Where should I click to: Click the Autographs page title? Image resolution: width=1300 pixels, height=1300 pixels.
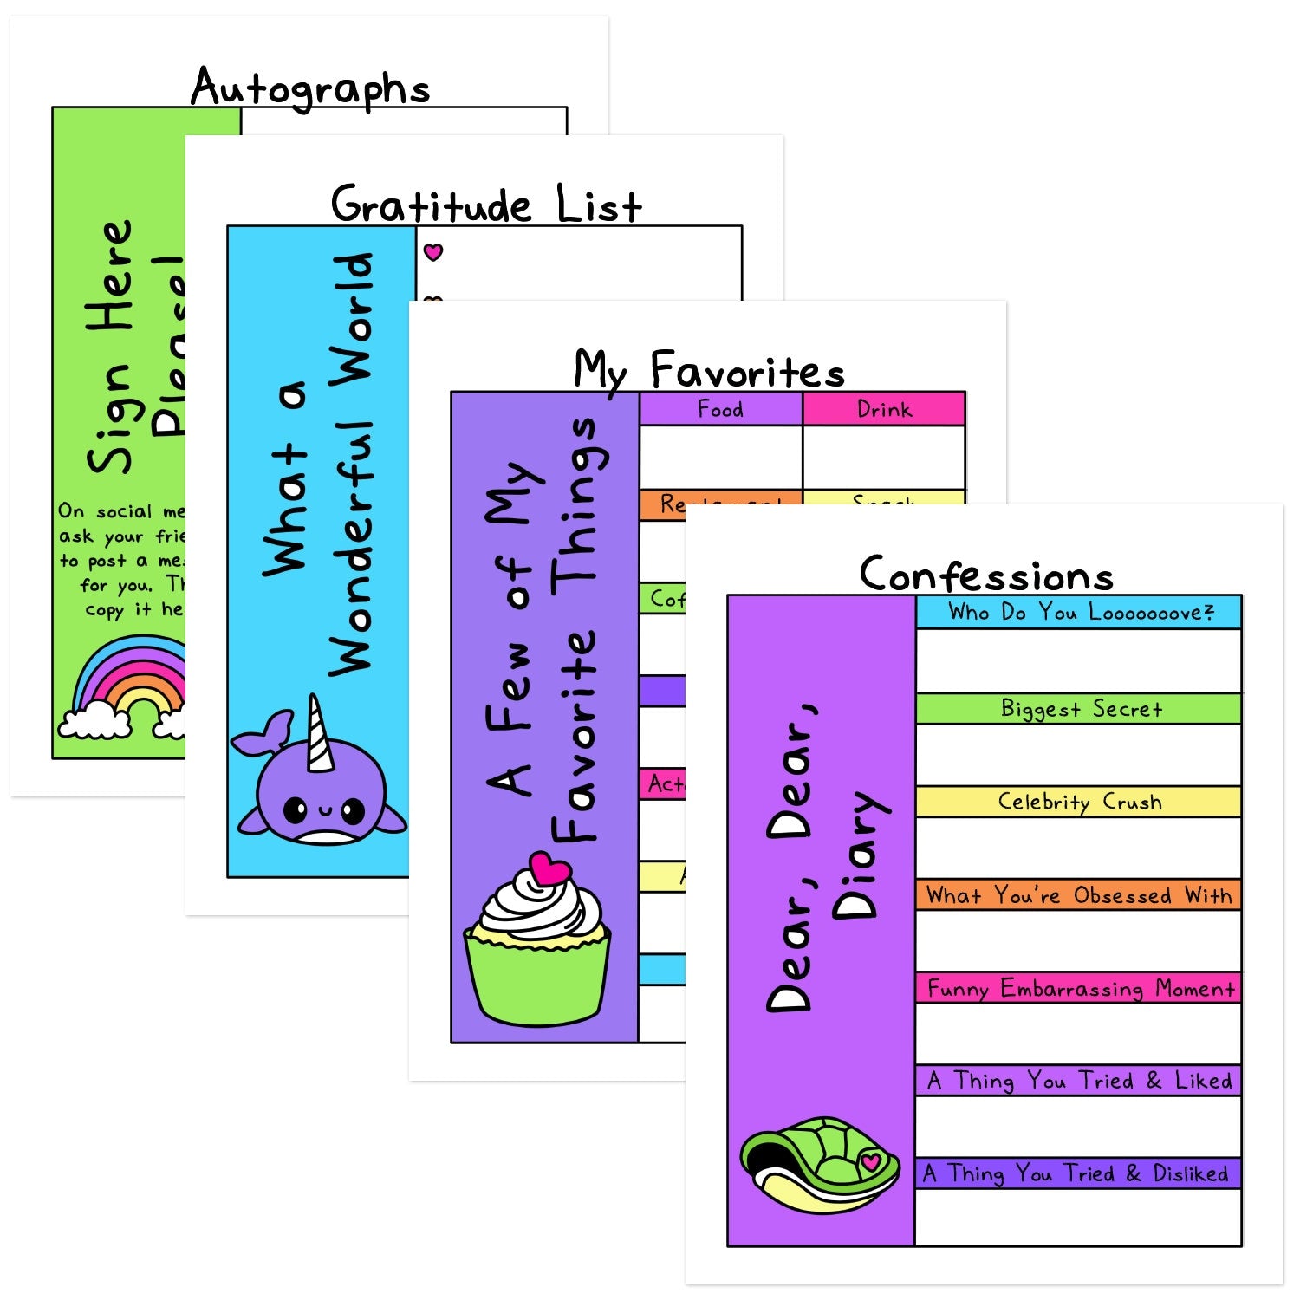(x=310, y=88)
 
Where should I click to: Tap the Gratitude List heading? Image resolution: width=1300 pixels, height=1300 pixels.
(x=486, y=205)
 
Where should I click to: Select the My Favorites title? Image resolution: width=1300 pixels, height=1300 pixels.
(x=709, y=371)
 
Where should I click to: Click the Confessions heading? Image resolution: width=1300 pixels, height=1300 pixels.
(x=986, y=575)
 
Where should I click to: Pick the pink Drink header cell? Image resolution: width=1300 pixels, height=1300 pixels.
(x=884, y=409)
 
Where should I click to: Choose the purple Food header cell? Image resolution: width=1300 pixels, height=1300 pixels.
(x=720, y=409)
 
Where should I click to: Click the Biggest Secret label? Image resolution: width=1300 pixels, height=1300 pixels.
(x=1080, y=709)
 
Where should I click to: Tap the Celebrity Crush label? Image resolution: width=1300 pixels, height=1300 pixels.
(x=1079, y=802)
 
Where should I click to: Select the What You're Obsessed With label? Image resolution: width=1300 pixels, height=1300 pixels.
(x=1079, y=894)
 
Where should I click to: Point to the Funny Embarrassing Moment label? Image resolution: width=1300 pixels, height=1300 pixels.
(x=1080, y=988)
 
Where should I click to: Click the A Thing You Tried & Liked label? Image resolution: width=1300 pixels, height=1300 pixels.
(x=1079, y=1081)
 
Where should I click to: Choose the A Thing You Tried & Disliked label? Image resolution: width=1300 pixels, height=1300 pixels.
(x=1076, y=1173)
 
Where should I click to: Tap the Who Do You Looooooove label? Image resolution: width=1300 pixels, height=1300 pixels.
(x=1080, y=613)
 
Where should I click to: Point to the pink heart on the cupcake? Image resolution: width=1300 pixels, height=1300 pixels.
(x=549, y=868)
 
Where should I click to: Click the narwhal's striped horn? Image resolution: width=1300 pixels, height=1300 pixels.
(x=319, y=735)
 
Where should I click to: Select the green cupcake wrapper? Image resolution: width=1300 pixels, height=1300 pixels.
(x=537, y=979)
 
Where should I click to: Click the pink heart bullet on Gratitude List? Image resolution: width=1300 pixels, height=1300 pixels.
(x=433, y=252)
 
